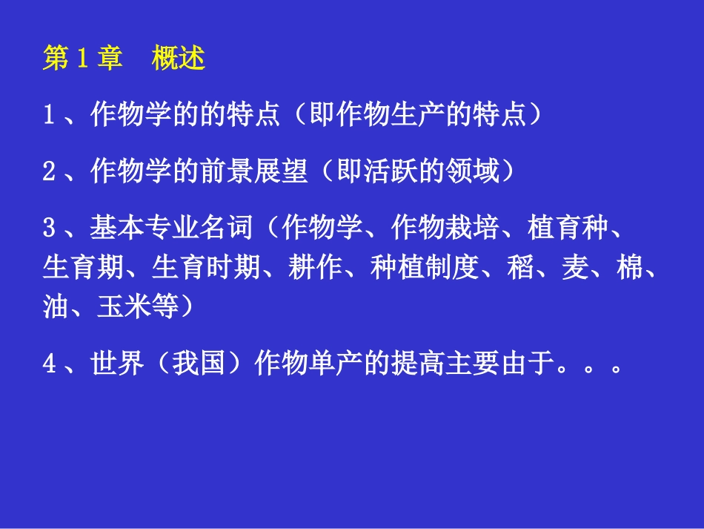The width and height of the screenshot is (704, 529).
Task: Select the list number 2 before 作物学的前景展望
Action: pyautogui.click(x=49, y=172)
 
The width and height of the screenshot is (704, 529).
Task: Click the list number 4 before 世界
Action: pyautogui.click(x=49, y=365)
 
